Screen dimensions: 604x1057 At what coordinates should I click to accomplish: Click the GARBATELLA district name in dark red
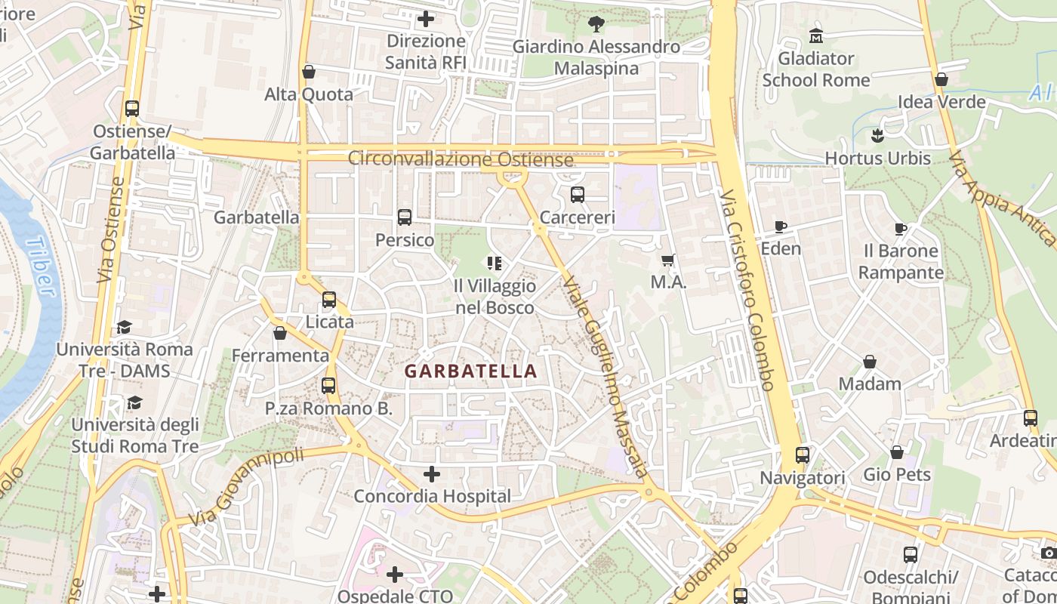(470, 371)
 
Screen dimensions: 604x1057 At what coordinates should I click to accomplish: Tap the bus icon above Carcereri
(578, 195)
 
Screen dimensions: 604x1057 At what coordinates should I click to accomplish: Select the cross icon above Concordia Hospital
(432, 474)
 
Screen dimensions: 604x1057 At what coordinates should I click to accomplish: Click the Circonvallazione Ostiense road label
(461, 159)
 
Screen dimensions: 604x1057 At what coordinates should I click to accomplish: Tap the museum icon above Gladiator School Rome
(816, 35)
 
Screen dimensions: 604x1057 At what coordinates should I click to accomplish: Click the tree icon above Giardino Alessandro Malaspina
(596, 24)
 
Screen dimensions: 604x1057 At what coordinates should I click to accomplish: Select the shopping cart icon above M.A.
(668, 260)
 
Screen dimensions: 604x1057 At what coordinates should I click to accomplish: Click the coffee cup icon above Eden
(781, 226)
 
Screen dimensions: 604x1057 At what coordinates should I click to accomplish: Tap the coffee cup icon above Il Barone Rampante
(900, 229)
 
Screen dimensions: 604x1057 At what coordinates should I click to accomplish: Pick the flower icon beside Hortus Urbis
(877, 137)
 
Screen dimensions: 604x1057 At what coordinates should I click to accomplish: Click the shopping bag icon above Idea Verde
(941, 79)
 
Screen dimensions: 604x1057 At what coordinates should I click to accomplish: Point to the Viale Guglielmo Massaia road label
(605, 377)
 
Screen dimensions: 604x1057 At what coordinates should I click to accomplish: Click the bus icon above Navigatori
(803, 455)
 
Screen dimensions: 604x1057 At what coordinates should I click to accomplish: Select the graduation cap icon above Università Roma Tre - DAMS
(124, 327)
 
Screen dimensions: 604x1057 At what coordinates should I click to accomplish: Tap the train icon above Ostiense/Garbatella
(132, 109)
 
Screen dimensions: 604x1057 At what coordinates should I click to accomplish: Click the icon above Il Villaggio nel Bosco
(495, 263)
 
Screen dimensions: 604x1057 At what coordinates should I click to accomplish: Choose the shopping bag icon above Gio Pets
(897, 452)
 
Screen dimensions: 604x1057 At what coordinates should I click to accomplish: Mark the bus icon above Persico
(405, 217)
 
